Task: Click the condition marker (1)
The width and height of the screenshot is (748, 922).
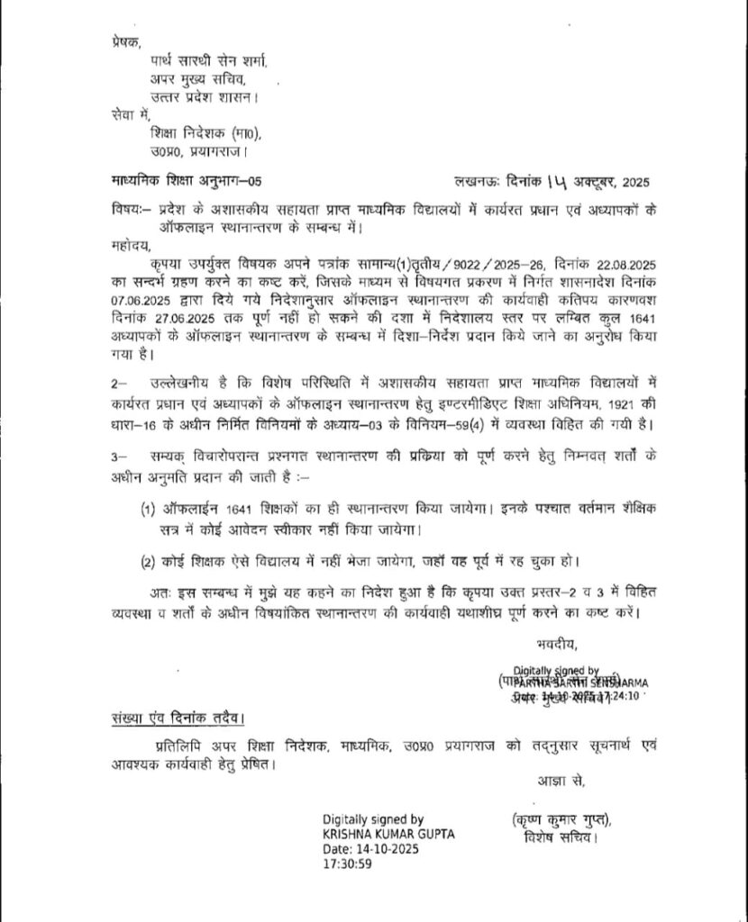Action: [x=150, y=510]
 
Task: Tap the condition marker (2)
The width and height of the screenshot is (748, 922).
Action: [x=150, y=563]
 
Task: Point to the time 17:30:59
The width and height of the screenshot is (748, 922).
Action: [x=348, y=863]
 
